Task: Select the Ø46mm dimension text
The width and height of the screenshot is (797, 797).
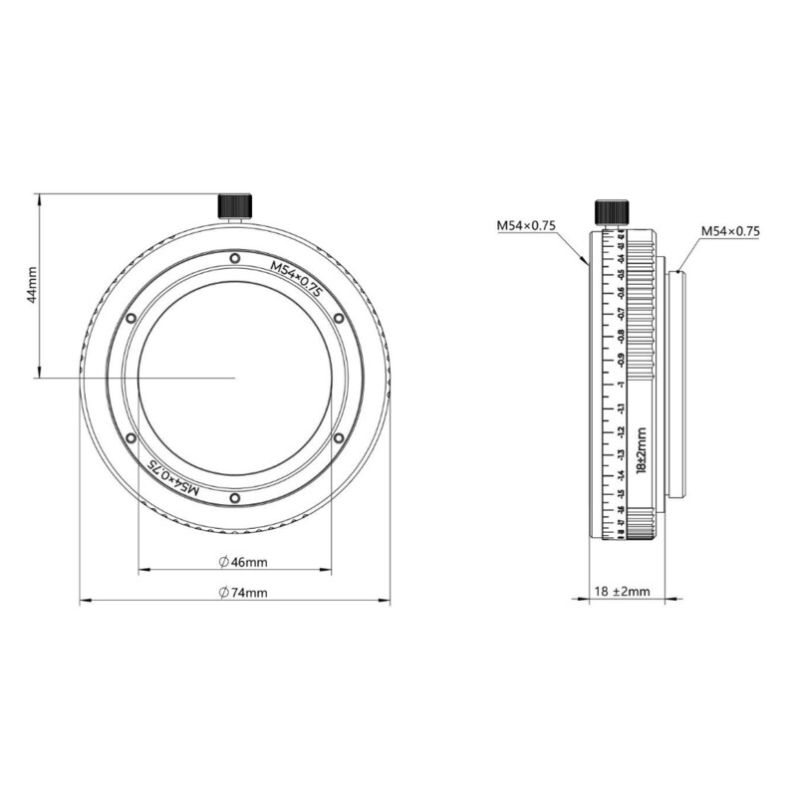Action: (x=243, y=562)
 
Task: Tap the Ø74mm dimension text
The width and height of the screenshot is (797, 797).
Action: (x=243, y=592)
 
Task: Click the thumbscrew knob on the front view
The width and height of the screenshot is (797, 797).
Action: (x=234, y=204)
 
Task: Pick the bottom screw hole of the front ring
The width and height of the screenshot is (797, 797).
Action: (x=234, y=497)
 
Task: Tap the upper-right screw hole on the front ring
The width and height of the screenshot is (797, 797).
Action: (x=338, y=318)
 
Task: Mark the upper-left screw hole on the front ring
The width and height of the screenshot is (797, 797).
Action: (x=131, y=318)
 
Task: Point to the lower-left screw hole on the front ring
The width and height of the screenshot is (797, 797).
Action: (x=131, y=437)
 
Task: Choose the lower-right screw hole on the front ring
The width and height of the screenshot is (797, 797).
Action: (x=338, y=437)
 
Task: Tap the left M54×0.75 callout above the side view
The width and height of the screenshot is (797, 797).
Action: (x=526, y=226)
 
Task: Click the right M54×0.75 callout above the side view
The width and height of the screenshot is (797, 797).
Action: (x=729, y=230)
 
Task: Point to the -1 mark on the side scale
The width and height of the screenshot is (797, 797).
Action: (x=621, y=383)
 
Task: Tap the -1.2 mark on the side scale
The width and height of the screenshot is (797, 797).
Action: (x=621, y=430)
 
